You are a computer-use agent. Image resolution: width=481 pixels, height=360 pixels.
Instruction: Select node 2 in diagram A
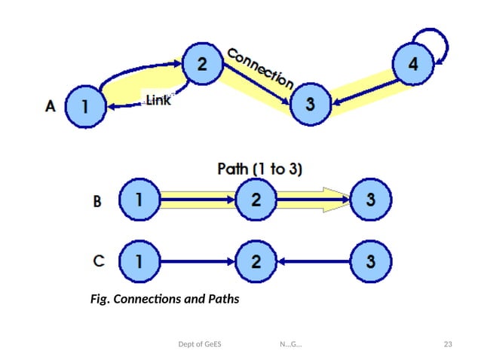click(201, 65)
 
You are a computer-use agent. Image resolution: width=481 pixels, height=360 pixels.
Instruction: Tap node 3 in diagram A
click(309, 104)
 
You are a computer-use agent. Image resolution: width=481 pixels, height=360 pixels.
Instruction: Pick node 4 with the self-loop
click(412, 65)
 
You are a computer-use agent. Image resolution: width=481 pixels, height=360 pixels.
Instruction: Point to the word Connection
click(259, 67)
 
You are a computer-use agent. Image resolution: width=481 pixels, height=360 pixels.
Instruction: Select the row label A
click(50, 107)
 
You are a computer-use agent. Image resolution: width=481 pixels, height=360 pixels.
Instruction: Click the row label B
click(96, 201)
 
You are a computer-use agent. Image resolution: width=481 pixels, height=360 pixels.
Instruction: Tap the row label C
click(97, 261)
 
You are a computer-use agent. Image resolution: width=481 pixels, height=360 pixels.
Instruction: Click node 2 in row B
click(257, 200)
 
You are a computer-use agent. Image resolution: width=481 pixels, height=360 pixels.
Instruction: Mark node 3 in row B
click(370, 200)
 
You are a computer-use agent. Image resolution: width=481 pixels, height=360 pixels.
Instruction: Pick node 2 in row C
click(257, 261)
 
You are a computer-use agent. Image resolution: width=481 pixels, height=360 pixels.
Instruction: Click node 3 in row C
click(370, 261)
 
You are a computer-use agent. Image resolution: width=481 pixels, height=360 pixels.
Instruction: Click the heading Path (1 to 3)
click(259, 169)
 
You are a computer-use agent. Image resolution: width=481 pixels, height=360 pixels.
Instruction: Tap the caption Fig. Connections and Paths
click(164, 300)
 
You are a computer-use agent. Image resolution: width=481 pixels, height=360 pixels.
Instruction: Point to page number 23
click(448, 345)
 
